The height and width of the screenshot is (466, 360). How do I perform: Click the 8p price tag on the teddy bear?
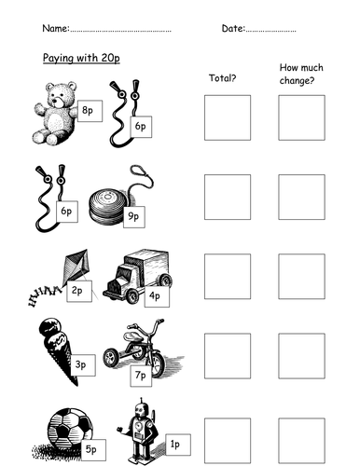click(x=90, y=111)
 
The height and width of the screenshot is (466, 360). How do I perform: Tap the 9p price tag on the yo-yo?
click(x=134, y=217)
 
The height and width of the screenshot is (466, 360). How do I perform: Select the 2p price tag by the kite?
click(x=79, y=291)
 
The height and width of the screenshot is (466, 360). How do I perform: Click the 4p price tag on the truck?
click(x=157, y=296)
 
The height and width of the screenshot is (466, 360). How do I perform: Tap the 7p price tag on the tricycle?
click(x=141, y=376)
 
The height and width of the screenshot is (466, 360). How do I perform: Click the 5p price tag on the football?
click(x=93, y=450)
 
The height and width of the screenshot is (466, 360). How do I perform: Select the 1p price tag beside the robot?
click(x=178, y=445)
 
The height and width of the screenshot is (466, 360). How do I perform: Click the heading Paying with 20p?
click(x=81, y=59)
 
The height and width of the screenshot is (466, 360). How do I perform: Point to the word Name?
click(x=55, y=28)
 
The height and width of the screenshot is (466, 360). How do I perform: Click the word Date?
click(x=233, y=29)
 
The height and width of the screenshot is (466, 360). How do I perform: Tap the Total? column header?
click(x=223, y=77)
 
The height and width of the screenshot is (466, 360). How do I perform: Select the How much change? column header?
click(x=301, y=74)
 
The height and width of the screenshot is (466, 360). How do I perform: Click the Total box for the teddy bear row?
click(x=228, y=117)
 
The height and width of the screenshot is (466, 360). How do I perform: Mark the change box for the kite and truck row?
click(x=301, y=277)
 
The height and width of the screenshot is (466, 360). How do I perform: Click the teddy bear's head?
click(x=62, y=95)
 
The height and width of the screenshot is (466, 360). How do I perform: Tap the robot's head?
click(x=141, y=410)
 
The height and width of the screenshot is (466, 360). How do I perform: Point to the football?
click(x=69, y=429)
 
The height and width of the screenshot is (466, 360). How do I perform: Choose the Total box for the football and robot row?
click(x=228, y=441)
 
